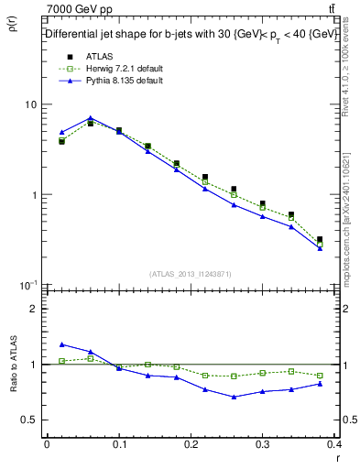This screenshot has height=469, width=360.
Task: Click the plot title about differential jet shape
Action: click(191, 34)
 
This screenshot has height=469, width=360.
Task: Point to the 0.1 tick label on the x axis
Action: click(119, 445)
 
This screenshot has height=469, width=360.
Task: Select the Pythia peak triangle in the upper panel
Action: click(90, 118)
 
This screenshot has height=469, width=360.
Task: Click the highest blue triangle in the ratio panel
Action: click(61, 344)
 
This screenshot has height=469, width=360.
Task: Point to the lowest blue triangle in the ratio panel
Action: click(235, 397)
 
